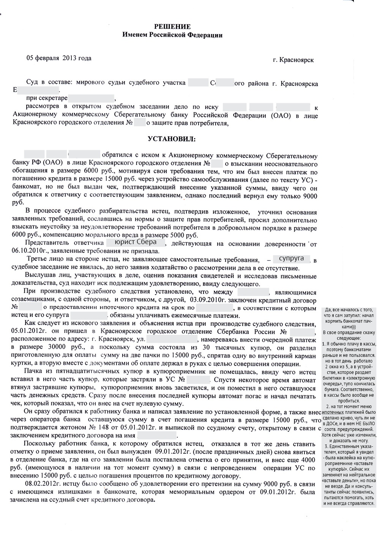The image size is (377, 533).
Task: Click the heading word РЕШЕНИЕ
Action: point(172,27)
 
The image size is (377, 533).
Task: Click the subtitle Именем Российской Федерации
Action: point(172,35)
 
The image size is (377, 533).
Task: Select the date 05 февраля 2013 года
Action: point(59,58)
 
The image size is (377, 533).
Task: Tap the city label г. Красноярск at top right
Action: point(293,60)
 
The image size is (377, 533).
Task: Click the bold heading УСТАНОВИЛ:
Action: point(172,139)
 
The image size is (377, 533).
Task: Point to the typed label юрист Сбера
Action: point(136,242)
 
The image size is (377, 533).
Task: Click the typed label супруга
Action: point(291,258)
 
